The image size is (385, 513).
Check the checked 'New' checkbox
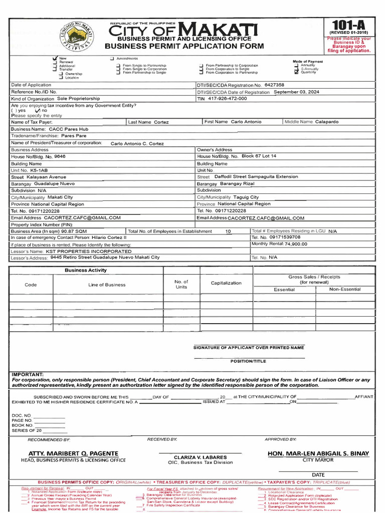(55, 59)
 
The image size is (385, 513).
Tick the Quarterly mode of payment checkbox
(296, 72)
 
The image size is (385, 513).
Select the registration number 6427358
(274, 85)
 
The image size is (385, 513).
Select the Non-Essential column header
(344, 290)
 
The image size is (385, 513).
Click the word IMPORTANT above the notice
(28, 374)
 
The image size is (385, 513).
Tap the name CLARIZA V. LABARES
(200, 457)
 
